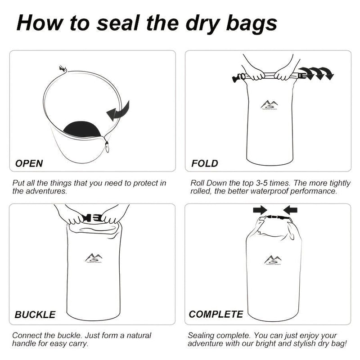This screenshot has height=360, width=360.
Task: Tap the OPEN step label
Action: (29, 163)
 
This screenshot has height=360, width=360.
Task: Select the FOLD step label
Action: (205, 163)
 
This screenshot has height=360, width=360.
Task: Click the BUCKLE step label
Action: (35, 315)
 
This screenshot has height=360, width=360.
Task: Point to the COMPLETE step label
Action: (216, 314)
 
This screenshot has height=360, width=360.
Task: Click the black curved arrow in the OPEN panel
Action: (118, 110)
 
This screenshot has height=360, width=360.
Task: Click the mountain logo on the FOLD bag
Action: (269, 104)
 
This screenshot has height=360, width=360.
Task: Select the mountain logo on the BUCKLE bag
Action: (93, 258)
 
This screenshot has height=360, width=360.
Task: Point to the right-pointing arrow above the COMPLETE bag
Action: (260, 209)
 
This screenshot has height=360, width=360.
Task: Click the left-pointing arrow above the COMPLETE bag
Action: (291, 209)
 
